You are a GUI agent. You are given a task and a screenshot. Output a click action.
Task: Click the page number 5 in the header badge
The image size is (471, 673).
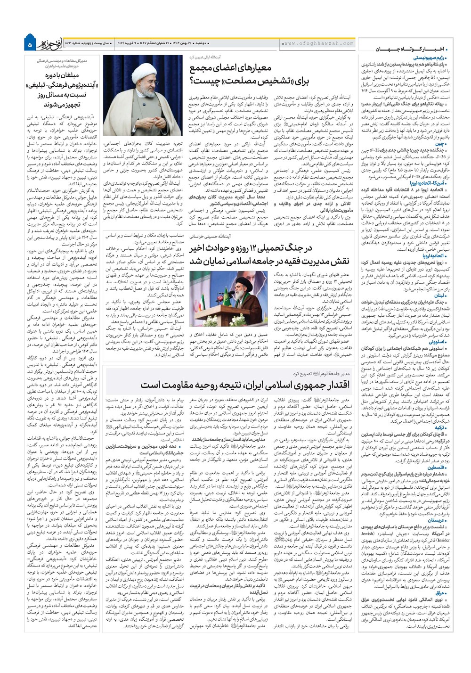[x=30, y=44]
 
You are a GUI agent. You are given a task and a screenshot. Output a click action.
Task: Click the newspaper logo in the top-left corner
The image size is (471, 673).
[x=52, y=43]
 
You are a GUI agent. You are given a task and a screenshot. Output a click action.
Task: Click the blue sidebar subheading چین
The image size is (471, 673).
[x=440, y=143]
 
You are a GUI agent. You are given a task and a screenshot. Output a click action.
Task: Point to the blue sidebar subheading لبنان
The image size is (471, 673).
[x=439, y=295]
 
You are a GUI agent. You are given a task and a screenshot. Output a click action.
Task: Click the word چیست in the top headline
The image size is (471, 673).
[x=203, y=81]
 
